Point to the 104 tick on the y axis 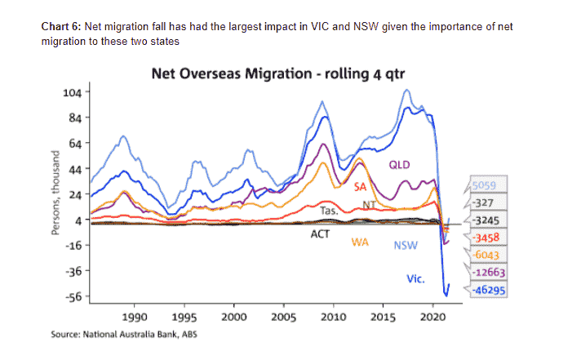(x=72, y=92)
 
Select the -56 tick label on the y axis (x=72, y=296)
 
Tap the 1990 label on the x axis (x=135, y=315)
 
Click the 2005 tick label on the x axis (x=284, y=315)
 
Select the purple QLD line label (x=399, y=166)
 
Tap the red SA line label (x=360, y=187)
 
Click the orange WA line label (x=361, y=242)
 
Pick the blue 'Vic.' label (x=415, y=279)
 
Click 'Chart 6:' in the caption (x=61, y=26)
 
